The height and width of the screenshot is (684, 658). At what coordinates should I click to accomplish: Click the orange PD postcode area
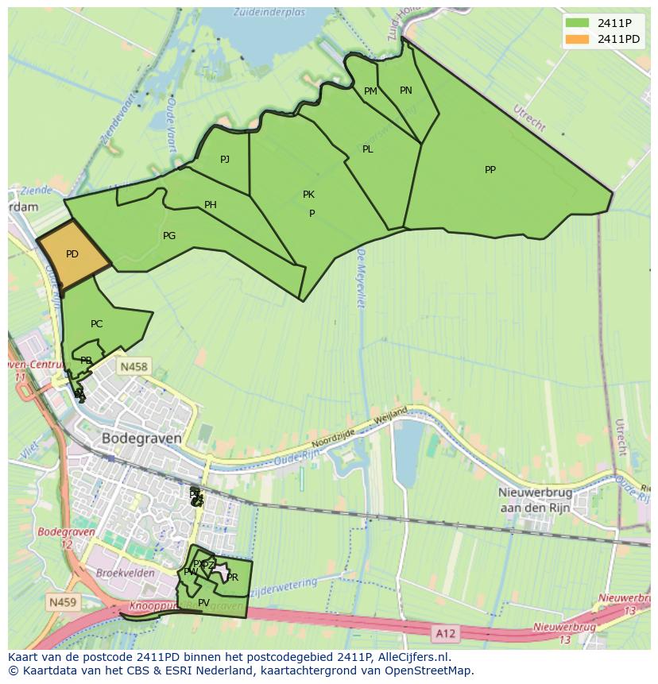[73, 254]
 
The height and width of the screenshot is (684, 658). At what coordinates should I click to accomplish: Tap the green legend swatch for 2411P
[577, 23]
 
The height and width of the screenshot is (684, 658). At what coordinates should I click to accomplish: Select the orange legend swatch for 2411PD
[577, 39]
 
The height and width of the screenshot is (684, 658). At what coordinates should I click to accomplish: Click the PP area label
[490, 169]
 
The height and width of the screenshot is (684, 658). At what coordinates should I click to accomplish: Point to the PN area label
[406, 90]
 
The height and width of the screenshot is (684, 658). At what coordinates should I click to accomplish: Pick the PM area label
[370, 91]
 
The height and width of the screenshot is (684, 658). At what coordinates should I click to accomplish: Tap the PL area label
[367, 149]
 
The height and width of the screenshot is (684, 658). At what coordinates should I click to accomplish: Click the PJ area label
[225, 159]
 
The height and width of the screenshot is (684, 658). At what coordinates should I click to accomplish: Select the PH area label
[211, 205]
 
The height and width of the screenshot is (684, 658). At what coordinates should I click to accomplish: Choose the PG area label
[169, 235]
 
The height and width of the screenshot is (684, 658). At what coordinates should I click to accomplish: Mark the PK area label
[308, 194]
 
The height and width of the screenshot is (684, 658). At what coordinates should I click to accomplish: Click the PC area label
[97, 323]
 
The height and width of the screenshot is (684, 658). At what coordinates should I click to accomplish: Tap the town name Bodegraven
[141, 438]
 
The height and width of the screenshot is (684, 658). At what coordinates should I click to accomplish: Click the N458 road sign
[132, 366]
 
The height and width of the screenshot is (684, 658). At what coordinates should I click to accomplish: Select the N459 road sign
[63, 602]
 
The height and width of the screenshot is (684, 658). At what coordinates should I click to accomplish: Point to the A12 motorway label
[446, 632]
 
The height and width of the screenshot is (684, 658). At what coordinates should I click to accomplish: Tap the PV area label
[204, 602]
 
